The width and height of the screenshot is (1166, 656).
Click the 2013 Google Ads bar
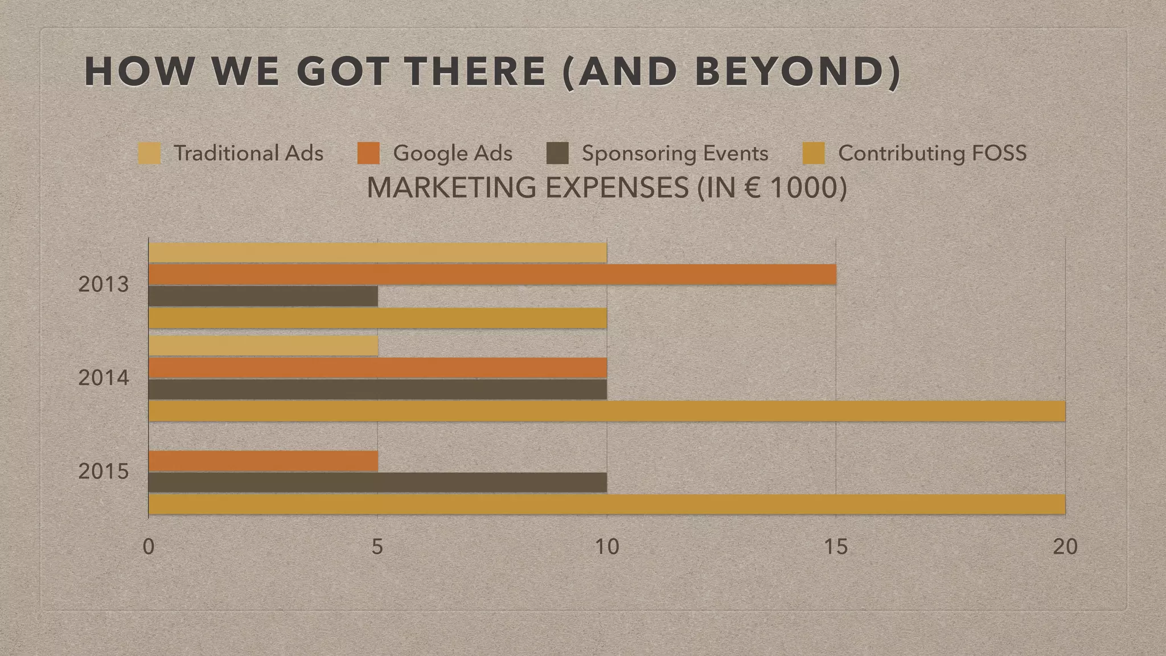492,274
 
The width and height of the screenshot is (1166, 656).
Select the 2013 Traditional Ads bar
377,253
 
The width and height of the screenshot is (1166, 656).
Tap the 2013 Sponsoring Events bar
263,296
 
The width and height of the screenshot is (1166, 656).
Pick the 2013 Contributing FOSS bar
377,318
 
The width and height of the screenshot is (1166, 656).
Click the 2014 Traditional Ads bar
263,346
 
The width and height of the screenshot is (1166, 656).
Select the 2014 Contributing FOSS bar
607,411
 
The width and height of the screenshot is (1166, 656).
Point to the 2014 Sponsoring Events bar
377,389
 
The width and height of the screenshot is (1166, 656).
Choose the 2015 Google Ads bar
263,461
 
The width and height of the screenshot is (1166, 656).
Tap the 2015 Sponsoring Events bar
377,482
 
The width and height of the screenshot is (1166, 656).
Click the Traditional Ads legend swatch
149,153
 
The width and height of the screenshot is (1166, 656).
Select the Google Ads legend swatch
368,153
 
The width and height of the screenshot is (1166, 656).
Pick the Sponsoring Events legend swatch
557,153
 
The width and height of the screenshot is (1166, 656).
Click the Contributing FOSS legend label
932,153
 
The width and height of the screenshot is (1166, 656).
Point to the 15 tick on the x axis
836,547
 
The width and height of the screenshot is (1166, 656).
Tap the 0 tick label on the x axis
149,547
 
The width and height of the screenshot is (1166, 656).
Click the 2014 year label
104,378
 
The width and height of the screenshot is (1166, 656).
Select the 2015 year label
104,472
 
